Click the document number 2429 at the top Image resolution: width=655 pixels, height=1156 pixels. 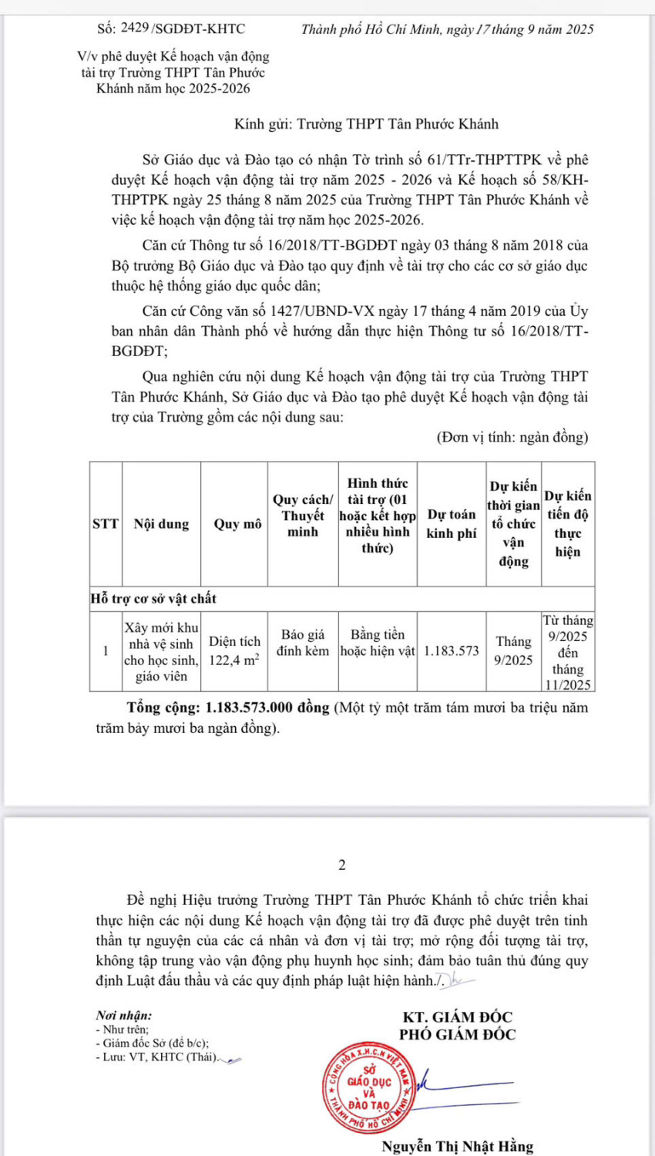click(135, 29)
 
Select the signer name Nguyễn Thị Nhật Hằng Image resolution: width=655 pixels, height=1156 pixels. click(457, 1146)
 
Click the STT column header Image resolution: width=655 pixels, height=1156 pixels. click(106, 524)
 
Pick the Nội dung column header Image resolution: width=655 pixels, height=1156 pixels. click(161, 524)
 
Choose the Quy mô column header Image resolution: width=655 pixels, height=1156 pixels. click(237, 524)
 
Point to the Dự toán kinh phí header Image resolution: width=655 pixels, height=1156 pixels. click(452, 524)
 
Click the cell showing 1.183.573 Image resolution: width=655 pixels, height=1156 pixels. click(452, 651)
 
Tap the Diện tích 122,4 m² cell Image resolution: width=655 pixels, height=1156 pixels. click(234, 650)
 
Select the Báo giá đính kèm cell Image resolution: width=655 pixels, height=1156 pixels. click(303, 643)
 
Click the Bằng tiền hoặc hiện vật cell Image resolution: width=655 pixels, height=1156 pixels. click(378, 643)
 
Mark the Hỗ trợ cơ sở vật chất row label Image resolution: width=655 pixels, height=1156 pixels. click(153, 599)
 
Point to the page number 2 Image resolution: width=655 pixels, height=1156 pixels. click(342, 865)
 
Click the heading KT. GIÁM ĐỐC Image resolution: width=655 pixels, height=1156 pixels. click(457, 1017)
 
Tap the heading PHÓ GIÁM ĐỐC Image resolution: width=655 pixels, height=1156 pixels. click(457, 1035)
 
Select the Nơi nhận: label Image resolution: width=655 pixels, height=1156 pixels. click(123, 1016)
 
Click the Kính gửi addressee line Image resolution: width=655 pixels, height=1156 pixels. click(366, 124)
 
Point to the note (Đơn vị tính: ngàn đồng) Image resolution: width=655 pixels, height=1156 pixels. click(512, 437)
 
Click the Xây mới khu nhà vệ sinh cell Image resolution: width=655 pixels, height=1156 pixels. click(161, 652)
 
